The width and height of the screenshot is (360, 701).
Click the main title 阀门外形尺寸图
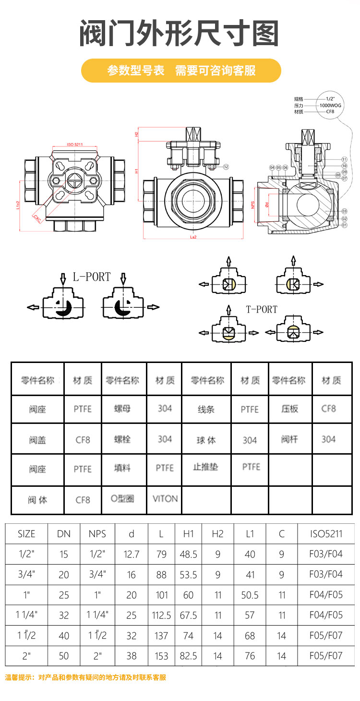pyautogui.click(x=179, y=34)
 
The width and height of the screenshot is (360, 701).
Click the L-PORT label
pyautogui.click(x=92, y=277)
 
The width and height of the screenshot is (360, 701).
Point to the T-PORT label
pyautogui.click(x=262, y=310)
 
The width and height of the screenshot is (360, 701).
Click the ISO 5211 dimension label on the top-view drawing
pyautogui.click(x=75, y=144)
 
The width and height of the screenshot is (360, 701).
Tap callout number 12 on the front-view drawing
pyautogui.click(x=226, y=167)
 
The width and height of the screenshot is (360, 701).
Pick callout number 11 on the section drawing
pyautogui.click(x=344, y=159)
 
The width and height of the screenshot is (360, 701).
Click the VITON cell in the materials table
pyautogui.click(x=165, y=499)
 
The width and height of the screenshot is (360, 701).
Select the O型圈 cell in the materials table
pyautogui.click(x=122, y=499)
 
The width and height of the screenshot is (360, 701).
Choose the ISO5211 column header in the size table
pyautogui.click(x=326, y=534)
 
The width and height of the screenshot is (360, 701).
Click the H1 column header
pyautogui.click(x=188, y=534)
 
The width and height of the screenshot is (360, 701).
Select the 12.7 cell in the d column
pyautogui.click(x=131, y=555)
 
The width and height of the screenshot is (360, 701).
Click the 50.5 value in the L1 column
pyautogui.click(x=250, y=595)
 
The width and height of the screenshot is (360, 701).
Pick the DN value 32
pyautogui.click(x=63, y=616)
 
